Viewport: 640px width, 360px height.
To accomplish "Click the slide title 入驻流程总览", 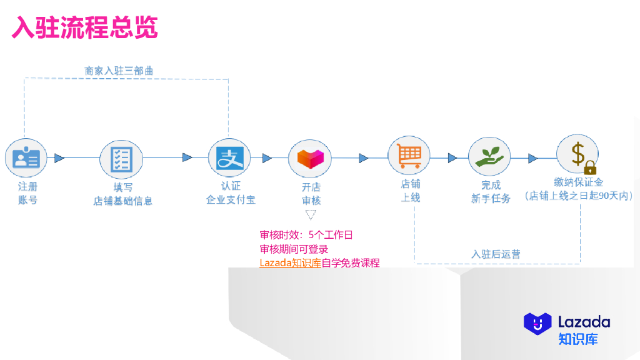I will pyautogui.click(x=84, y=27).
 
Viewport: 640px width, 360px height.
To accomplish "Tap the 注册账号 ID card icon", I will pyautogui.click(x=26, y=158).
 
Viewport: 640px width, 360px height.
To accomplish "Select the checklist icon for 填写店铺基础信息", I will pyautogui.click(x=121, y=158).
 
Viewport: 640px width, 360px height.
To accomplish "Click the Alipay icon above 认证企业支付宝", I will pyautogui.click(x=229, y=158).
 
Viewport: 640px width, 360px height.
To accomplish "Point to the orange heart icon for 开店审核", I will pyautogui.click(x=309, y=158).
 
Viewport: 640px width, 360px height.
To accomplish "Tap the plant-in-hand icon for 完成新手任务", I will pyautogui.click(x=489, y=158).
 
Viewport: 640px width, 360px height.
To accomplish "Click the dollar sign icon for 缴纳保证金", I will pyautogui.click(x=577, y=154).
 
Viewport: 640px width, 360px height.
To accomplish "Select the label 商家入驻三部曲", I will pyautogui.click(x=119, y=71).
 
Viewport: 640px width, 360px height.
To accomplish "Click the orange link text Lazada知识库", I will pyautogui.click(x=290, y=263).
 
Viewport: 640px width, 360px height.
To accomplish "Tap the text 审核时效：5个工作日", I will pyautogui.click(x=306, y=236).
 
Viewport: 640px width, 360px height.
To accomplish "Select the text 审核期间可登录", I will pyautogui.click(x=294, y=249).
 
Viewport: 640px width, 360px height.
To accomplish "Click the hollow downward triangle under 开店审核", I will pyautogui.click(x=311, y=215).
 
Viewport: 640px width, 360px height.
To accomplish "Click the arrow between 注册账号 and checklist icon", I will pyautogui.click(x=59, y=158).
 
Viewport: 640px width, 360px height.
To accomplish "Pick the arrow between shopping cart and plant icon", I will pyautogui.click(x=452, y=158).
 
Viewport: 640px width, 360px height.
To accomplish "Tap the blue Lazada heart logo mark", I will pyautogui.click(x=537, y=322).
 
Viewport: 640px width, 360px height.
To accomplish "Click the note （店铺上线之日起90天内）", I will pyautogui.click(x=578, y=196).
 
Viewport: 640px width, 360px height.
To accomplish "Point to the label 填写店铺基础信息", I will pyautogui.click(x=122, y=194).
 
